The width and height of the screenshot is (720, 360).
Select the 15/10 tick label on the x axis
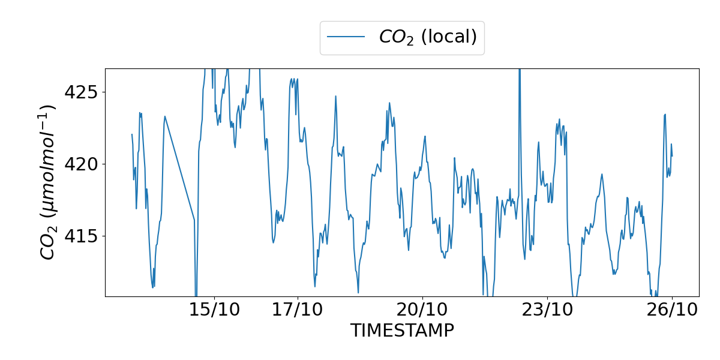tap(214, 310)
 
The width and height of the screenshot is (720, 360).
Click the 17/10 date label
tap(298, 310)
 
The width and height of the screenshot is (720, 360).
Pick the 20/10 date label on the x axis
tap(422, 310)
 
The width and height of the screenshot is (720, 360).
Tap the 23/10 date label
tap(547, 310)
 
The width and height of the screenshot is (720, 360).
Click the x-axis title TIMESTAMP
tap(402, 331)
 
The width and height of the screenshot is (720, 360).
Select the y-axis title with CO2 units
tap(48, 182)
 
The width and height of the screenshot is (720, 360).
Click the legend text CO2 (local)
tap(428, 37)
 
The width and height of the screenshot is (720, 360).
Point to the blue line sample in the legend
tap(346, 37)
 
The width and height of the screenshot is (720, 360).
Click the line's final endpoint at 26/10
tap(672, 156)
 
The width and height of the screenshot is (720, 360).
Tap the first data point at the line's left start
tap(132, 134)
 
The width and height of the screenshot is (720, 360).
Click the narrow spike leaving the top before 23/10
tap(520, 75)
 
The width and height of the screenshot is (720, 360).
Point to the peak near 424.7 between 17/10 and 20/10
tap(335, 96)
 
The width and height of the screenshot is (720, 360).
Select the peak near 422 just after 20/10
tap(425, 136)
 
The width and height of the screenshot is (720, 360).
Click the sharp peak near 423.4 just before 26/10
tap(665, 115)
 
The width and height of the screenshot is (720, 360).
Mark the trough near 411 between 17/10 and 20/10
tap(358, 292)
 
